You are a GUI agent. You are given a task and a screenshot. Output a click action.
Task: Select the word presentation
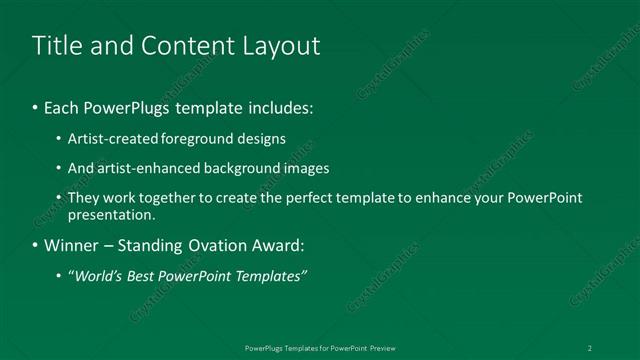[x=111, y=214]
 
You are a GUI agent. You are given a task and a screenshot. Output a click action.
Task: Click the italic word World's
[x=98, y=275]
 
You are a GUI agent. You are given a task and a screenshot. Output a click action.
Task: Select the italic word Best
[x=146, y=275]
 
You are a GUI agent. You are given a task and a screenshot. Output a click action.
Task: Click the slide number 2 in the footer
[x=590, y=348]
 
